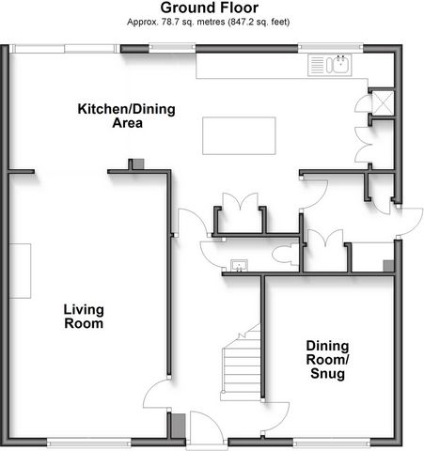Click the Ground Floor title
point(210,8)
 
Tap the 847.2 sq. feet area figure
point(259,23)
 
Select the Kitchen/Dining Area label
point(127,116)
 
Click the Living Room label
point(84,317)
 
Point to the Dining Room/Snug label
point(327,360)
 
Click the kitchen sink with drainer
point(330,65)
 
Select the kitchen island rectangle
point(239,135)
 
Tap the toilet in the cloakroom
point(285,254)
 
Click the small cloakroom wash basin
point(240,266)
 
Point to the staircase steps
point(242,364)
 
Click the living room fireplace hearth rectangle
point(20,271)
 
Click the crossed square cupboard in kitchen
point(383,101)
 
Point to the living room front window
point(89,443)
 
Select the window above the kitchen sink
point(331,47)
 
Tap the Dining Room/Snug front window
point(332,443)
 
